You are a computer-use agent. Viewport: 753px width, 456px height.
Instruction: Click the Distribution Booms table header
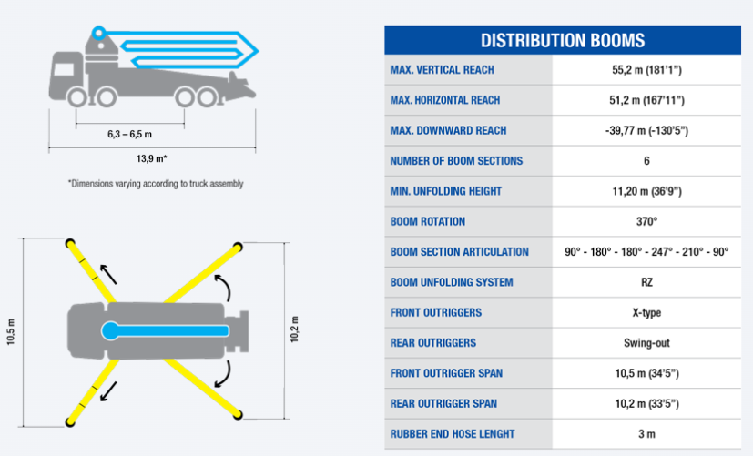tap(563, 40)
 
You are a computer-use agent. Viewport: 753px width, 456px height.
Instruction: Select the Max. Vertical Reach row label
tap(442, 70)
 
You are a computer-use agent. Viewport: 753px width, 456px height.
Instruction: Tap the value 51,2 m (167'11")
tap(646, 100)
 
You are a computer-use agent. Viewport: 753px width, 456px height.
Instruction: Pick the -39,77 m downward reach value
tap(646, 130)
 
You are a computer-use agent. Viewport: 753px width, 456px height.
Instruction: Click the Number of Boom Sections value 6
tap(646, 161)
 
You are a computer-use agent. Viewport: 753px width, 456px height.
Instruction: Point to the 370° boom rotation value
tap(646, 221)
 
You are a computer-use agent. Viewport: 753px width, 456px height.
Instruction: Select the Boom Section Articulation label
tap(459, 252)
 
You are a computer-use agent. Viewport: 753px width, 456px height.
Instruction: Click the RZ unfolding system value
tap(646, 282)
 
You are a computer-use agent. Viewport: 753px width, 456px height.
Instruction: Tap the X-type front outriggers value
tap(646, 313)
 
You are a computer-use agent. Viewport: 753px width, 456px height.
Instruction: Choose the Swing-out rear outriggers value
tap(646, 343)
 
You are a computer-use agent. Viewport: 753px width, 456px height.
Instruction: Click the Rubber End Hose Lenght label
tap(452, 434)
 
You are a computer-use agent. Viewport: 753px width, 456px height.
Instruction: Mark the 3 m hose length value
tap(646, 434)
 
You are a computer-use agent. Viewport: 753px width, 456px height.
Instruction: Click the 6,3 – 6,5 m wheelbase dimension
tap(129, 135)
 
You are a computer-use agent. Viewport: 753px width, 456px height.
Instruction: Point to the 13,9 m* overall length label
tap(152, 158)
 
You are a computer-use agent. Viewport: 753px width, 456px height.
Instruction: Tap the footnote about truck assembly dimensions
tap(156, 184)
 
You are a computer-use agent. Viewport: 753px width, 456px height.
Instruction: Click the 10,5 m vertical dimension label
tap(11, 331)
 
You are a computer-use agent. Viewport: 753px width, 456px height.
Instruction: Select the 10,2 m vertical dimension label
tap(294, 329)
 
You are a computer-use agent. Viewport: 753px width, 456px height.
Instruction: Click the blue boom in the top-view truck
tap(165, 330)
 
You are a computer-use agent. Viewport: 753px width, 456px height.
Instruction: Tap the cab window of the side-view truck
tap(64, 69)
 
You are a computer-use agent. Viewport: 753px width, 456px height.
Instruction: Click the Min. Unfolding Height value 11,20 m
tap(646, 191)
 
